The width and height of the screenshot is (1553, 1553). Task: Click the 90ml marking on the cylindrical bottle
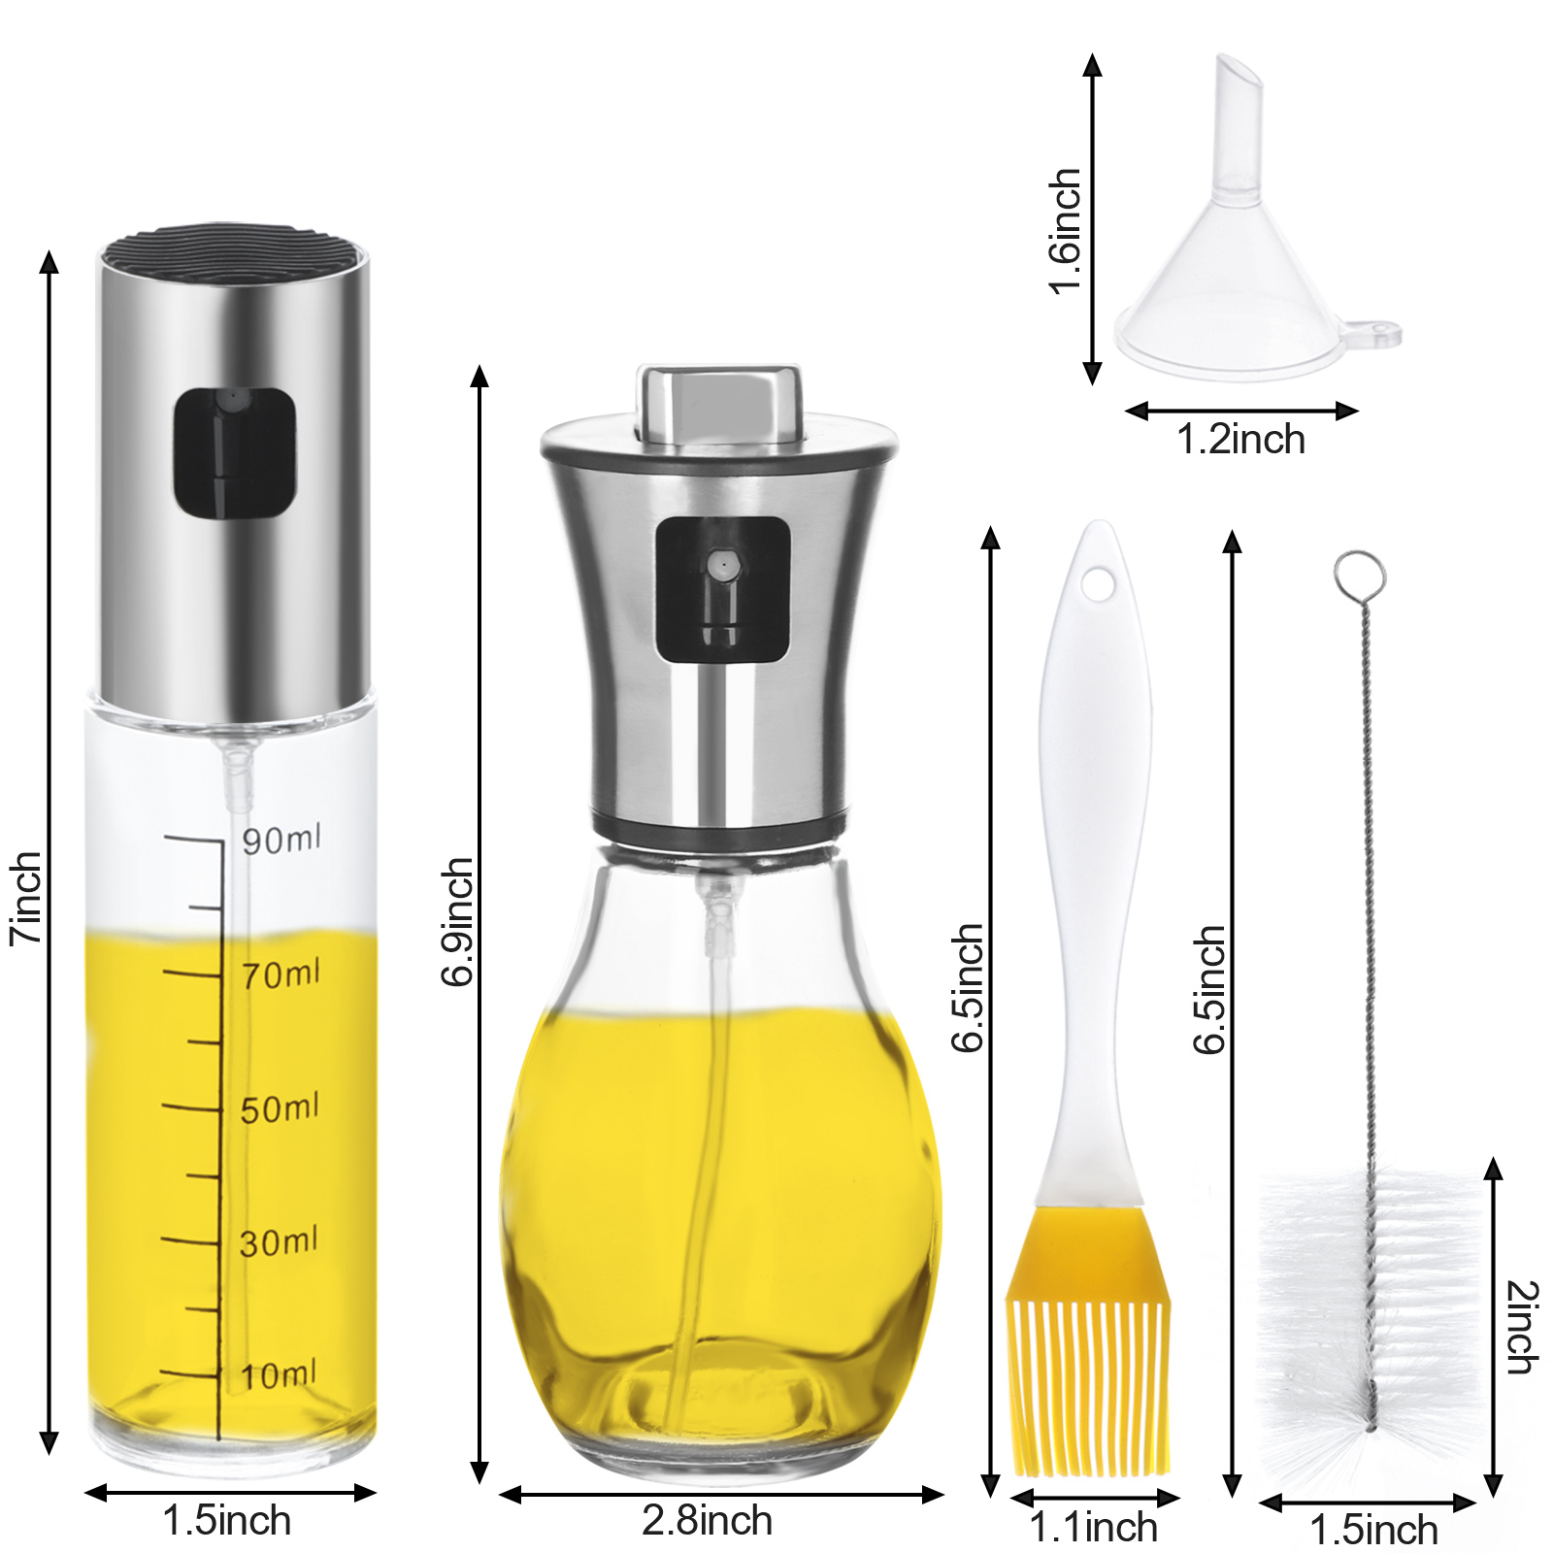pyautogui.click(x=281, y=840)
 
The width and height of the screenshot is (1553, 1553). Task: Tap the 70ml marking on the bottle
pyautogui.click(x=281, y=974)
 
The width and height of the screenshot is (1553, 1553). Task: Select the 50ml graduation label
pyautogui.click(x=280, y=1108)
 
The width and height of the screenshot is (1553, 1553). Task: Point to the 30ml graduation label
pyautogui.click(x=279, y=1242)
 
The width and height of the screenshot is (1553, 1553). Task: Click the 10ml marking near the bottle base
pyautogui.click(x=278, y=1375)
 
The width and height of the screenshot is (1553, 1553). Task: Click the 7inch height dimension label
pyautogui.click(x=26, y=898)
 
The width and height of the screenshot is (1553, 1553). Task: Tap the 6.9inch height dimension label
pyautogui.click(x=457, y=921)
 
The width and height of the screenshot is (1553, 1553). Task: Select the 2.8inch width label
pyautogui.click(x=708, y=1520)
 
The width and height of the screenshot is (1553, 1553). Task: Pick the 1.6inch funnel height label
pyautogui.click(x=1065, y=231)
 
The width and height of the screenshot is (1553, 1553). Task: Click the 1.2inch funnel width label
pyautogui.click(x=1241, y=440)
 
